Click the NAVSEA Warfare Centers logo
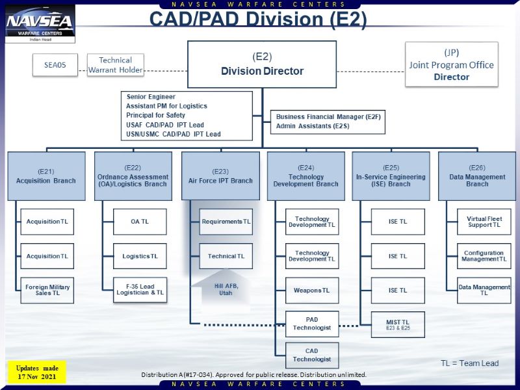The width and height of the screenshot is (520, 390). tap(40, 24)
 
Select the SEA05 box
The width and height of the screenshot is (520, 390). tap(55, 65)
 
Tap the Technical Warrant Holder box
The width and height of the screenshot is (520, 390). tap(115, 65)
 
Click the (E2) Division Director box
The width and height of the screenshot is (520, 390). tap(262, 64)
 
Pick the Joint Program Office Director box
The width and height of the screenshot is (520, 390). tap(451, 64)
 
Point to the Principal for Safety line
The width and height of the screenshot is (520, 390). tap(156, 115)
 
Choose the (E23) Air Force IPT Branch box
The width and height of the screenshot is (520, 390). tap(220, 175)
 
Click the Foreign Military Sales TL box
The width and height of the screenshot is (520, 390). tap(47, 290)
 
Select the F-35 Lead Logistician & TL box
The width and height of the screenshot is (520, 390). tap(140, 290)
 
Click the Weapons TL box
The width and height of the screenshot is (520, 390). tap(312, 290)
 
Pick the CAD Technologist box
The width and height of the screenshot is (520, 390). tap(312, 356)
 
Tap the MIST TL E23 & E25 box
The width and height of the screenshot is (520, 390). tap(398, 324)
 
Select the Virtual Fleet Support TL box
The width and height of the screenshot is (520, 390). tap(484, 222)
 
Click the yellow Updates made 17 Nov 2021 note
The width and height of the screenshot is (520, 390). tap(38, 372)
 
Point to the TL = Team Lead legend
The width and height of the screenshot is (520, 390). tap(469, 363)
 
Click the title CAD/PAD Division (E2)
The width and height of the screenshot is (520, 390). tap(258, 19)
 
